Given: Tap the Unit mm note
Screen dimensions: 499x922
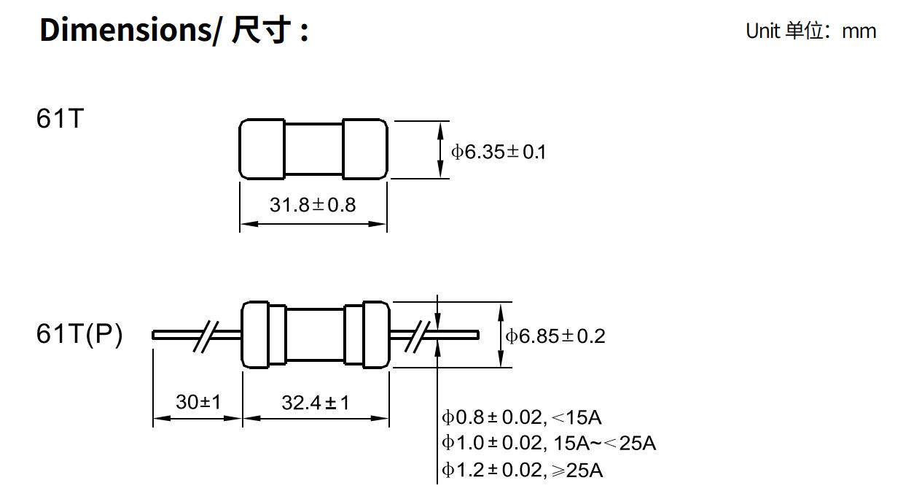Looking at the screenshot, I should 810,31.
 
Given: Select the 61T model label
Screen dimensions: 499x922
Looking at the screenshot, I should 60,118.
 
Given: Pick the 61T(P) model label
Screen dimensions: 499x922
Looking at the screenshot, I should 79,334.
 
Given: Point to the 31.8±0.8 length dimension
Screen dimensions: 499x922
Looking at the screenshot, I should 313,205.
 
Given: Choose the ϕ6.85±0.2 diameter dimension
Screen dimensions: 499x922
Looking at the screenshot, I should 555,336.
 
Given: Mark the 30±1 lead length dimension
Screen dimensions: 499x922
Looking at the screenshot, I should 198,402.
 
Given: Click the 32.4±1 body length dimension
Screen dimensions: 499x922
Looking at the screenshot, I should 315,402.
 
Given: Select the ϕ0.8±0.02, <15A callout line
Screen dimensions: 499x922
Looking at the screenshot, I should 521,417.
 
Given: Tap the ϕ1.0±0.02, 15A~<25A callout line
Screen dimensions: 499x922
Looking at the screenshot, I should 548,443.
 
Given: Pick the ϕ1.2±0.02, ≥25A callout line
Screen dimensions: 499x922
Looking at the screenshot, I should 522,470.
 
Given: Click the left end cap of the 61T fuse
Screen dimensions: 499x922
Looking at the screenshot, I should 262,149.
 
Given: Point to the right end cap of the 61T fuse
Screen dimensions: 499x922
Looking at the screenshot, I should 365,149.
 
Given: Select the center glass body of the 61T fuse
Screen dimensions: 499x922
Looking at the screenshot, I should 313,150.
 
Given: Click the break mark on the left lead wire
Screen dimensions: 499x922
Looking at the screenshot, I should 206,335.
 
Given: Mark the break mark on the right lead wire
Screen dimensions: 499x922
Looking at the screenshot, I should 416,335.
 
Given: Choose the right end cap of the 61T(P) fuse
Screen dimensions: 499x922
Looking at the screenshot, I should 367,334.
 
